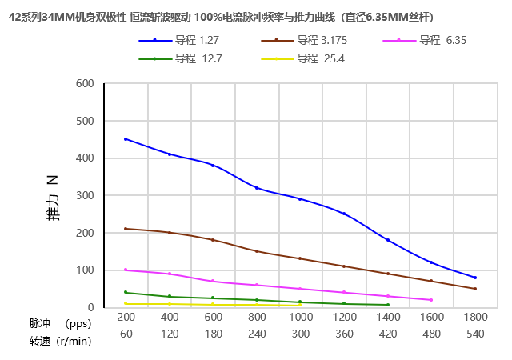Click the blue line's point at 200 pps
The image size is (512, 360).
tap(126, 139)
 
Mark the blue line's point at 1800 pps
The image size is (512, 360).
tap(475, 278)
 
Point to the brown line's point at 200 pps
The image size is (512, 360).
tap(126, 229)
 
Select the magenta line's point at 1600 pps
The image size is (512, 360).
tap(431, 300)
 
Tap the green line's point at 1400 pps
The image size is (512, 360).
tap(388, 305)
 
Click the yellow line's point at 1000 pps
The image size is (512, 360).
tap(300, 306)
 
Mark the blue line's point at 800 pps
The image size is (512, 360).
tap(257, 188)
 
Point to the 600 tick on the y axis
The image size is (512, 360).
tap(85, 83)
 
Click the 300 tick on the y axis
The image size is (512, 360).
tap(85, 195)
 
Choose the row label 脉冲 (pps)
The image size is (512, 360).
tap(60, 323)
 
